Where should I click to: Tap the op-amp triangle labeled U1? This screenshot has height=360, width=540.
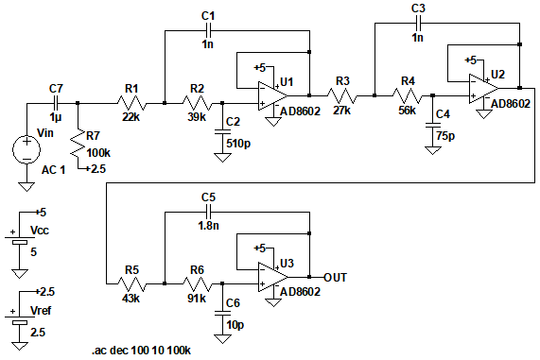(272, 95)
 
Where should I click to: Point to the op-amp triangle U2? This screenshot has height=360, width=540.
(483, 89)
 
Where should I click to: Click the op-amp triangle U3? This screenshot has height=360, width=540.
(272, 277)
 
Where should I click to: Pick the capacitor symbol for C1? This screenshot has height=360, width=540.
(208, 30)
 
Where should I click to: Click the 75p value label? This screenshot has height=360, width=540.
(446, 136)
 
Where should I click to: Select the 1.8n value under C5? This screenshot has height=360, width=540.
(209, 226)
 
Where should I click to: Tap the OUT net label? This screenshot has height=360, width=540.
(335, 278)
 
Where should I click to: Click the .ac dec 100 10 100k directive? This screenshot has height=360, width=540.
(141, 351)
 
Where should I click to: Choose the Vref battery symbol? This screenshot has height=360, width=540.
(20, 319)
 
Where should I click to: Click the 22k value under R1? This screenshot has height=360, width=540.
(131, 117)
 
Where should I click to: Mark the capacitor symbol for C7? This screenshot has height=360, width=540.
(56, 103)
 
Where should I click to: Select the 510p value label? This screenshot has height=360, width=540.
(238, 144)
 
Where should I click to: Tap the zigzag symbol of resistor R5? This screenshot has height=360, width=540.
(131, 284)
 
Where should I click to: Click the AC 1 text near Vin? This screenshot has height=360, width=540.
(53, 170)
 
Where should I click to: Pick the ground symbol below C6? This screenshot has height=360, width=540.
(222, 338)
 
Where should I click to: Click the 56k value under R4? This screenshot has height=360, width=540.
(407, 111)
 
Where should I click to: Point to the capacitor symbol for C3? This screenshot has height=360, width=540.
(418, 23)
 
